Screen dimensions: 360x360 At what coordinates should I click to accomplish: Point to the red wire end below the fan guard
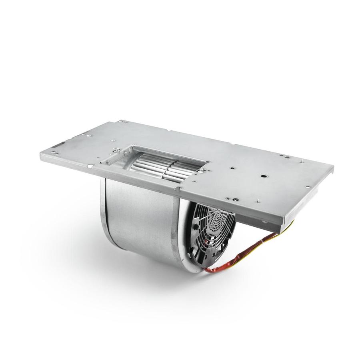[208, 270]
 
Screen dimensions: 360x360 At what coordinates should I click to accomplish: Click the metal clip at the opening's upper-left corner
[116, 150]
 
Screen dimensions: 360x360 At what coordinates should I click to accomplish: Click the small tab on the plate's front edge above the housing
[178, 188]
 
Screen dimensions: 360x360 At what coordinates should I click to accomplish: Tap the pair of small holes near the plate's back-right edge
[284, 156]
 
